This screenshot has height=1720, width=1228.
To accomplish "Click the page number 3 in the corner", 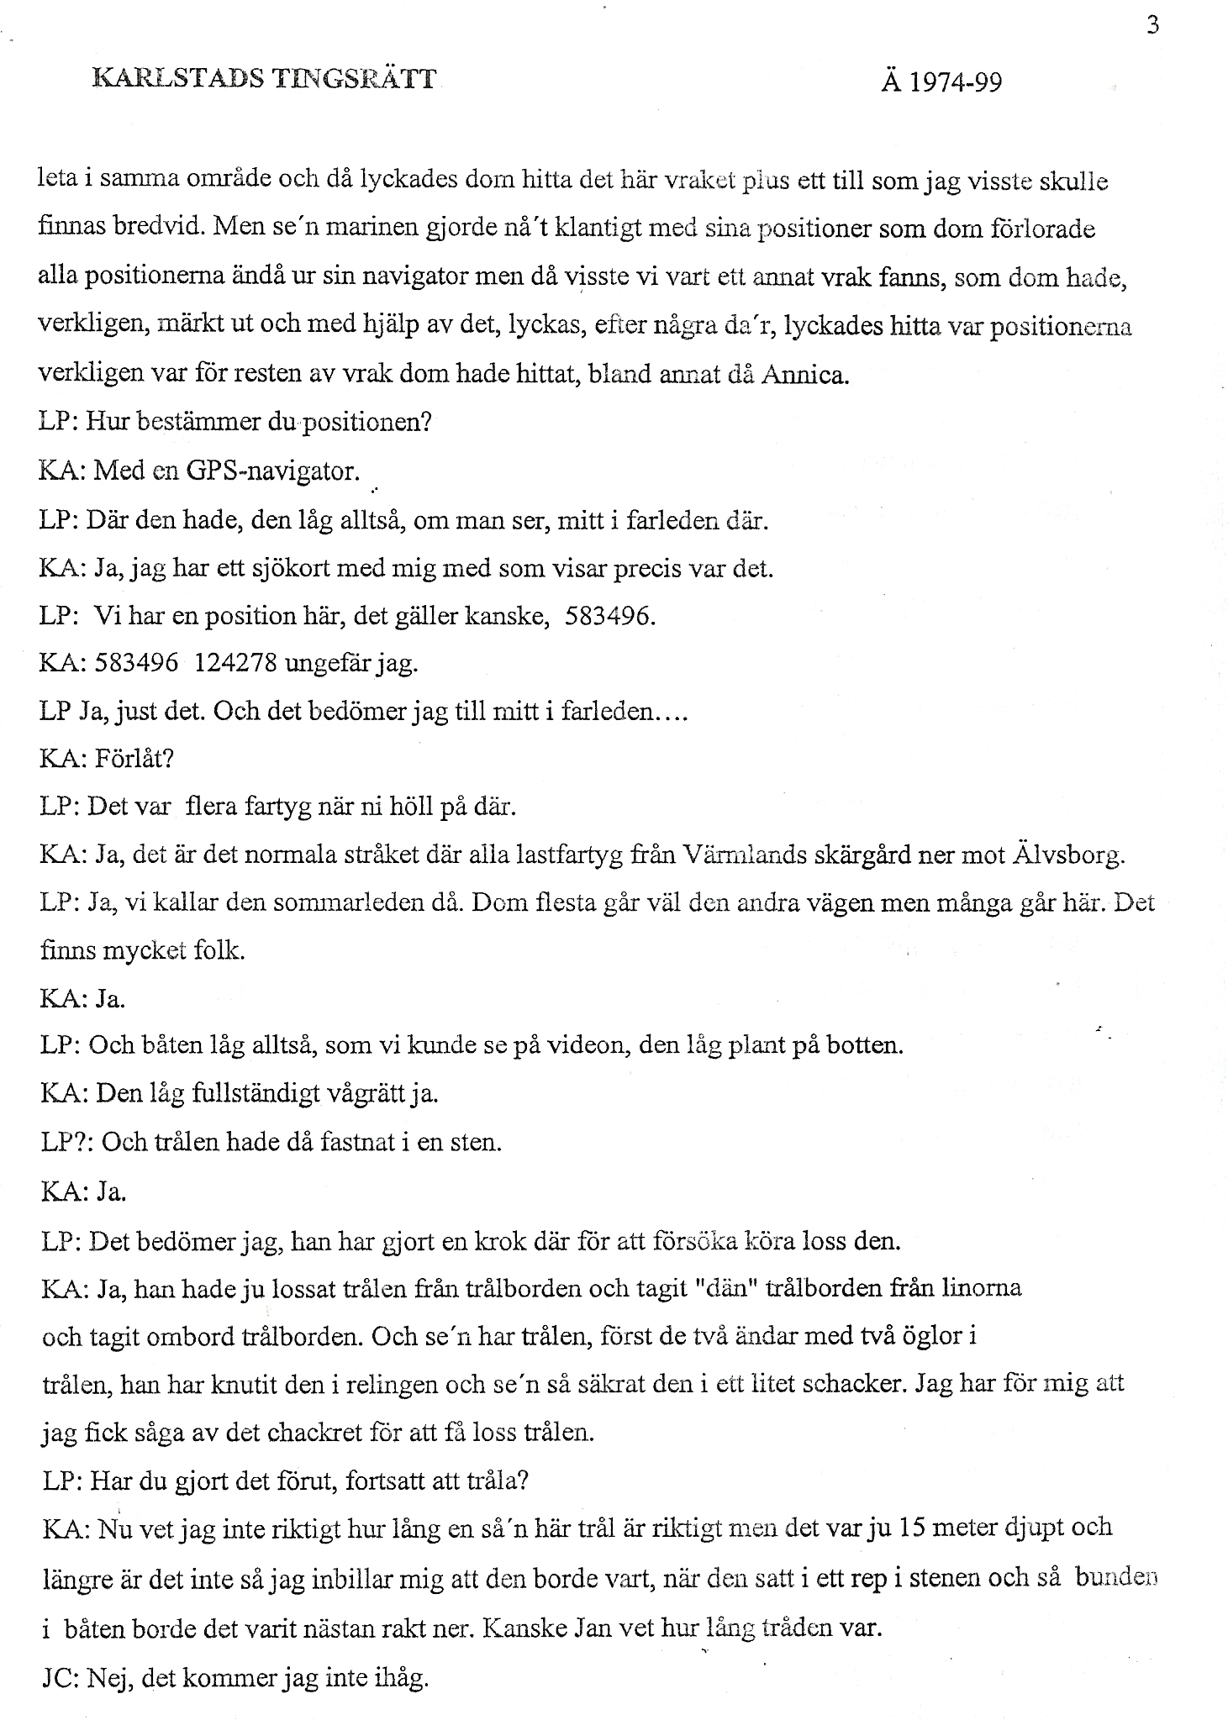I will tap(1152, 26).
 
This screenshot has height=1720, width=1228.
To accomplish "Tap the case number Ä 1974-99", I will tap(941, 82).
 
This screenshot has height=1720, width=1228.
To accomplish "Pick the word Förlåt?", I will tap(134, 759).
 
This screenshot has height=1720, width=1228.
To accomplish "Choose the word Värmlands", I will tap(740, 856).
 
